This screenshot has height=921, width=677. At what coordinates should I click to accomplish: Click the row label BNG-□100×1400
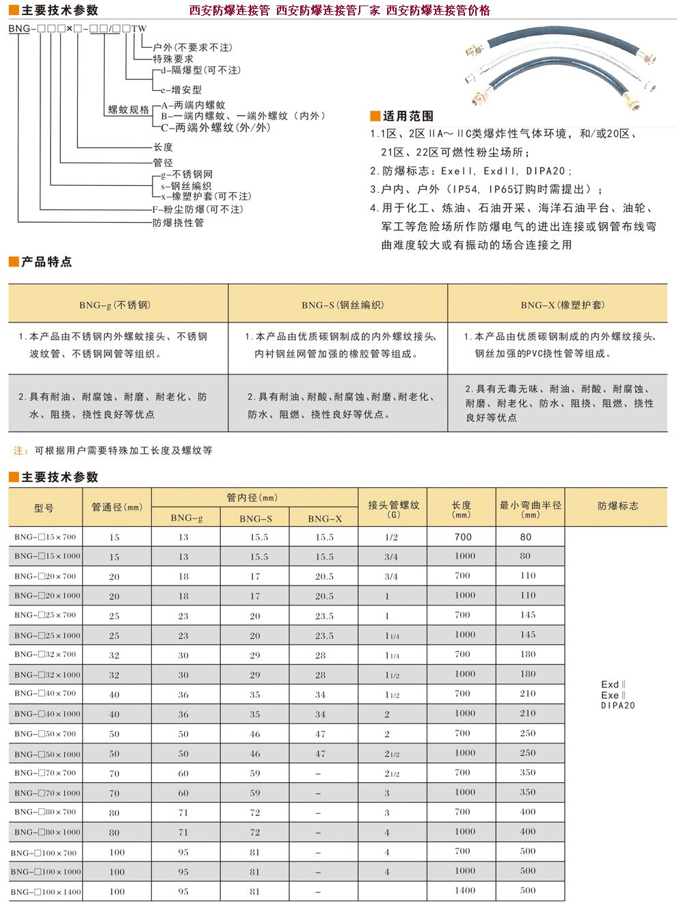pyautogui.click(x=45, y=892)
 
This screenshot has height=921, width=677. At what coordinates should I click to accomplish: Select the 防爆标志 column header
pyautogui.click(x=618, y=506)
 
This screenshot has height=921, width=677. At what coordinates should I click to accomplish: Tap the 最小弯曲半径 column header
pyautogui.click(x=530, y=506)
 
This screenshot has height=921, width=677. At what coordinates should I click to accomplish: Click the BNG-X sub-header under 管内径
pyautogui.click(x=324, y=519)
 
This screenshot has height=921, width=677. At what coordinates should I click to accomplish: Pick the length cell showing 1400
pyautogui.click(x=464, y=890)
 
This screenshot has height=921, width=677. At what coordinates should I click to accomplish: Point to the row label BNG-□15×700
pyautogui.click(x=45, y=537)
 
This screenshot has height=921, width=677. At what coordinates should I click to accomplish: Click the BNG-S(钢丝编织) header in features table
pyautogui.click(x=338, y=305)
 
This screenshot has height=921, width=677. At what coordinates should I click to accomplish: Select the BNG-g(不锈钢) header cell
pyautogui.click(x=118, y=305)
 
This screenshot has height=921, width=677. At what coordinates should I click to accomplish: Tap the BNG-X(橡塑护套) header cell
pyautogui.click(x=557, y=305)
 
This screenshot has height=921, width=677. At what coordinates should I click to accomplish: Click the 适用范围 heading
pyautogui.click(x=408, y=116)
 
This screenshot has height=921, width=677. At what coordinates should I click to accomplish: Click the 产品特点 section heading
pyautogui.click(x=47, y=262)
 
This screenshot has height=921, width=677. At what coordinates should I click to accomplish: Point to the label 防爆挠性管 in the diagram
pyautogui.click(x=178, y=223)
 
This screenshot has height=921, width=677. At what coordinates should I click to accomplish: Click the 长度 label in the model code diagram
pyautogui.click(x=163, y=147)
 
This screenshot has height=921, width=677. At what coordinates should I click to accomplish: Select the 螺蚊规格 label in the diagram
pyautogui.click(x=129, y=110)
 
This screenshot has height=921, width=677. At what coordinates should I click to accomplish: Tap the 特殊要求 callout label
pyautogui.click(x=173, y=59)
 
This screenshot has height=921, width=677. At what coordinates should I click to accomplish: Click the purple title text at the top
pyautogui.click(x=339, y=10)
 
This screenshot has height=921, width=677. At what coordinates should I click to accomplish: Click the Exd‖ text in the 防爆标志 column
pyautogui.click(x=613, y=684)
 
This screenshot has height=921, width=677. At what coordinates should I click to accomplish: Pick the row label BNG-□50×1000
pyautogui.click(x=45, y=754)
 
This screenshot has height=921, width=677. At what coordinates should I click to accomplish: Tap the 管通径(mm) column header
pyautogui.click(x=117, y=507)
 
